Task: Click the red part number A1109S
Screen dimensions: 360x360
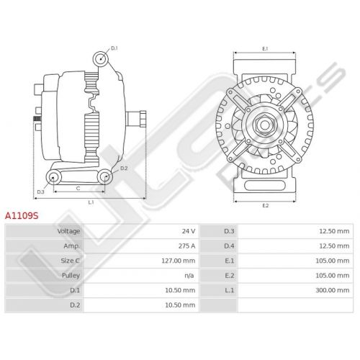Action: tap(22, 216)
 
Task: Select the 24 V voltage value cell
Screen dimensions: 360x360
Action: tap(189, 231)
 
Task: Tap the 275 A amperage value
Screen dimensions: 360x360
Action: tap(186, 246)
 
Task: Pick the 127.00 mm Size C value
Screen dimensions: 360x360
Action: tap(179, 261)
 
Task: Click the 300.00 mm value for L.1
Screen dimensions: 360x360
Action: tap(333, 290)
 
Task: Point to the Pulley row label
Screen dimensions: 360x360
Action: tap(71, 276)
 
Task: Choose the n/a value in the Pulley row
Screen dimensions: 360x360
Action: tap(189, 276)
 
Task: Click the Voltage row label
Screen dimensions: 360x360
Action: tap(68, 231)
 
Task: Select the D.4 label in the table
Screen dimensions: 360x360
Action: tap(229, 246)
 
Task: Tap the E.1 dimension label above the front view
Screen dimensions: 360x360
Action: tap(265, 49)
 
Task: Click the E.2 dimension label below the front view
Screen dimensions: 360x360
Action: tap(265, 206)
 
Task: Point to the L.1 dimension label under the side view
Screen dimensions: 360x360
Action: tap(91, 202)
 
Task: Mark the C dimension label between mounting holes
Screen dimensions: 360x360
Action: tap(78, 189)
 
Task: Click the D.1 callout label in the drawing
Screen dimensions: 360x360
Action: tap(114, 48)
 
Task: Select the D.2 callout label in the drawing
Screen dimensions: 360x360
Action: tap(124, 168)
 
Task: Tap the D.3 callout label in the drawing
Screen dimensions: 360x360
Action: tap(40, 192)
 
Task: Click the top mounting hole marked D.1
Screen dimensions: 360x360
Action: tap(101, 59)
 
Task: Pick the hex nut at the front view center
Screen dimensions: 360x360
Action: tap(265, 125)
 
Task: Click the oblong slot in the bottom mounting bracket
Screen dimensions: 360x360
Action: tap(264, 185)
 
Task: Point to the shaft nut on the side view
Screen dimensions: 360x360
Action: tap(143, 119)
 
